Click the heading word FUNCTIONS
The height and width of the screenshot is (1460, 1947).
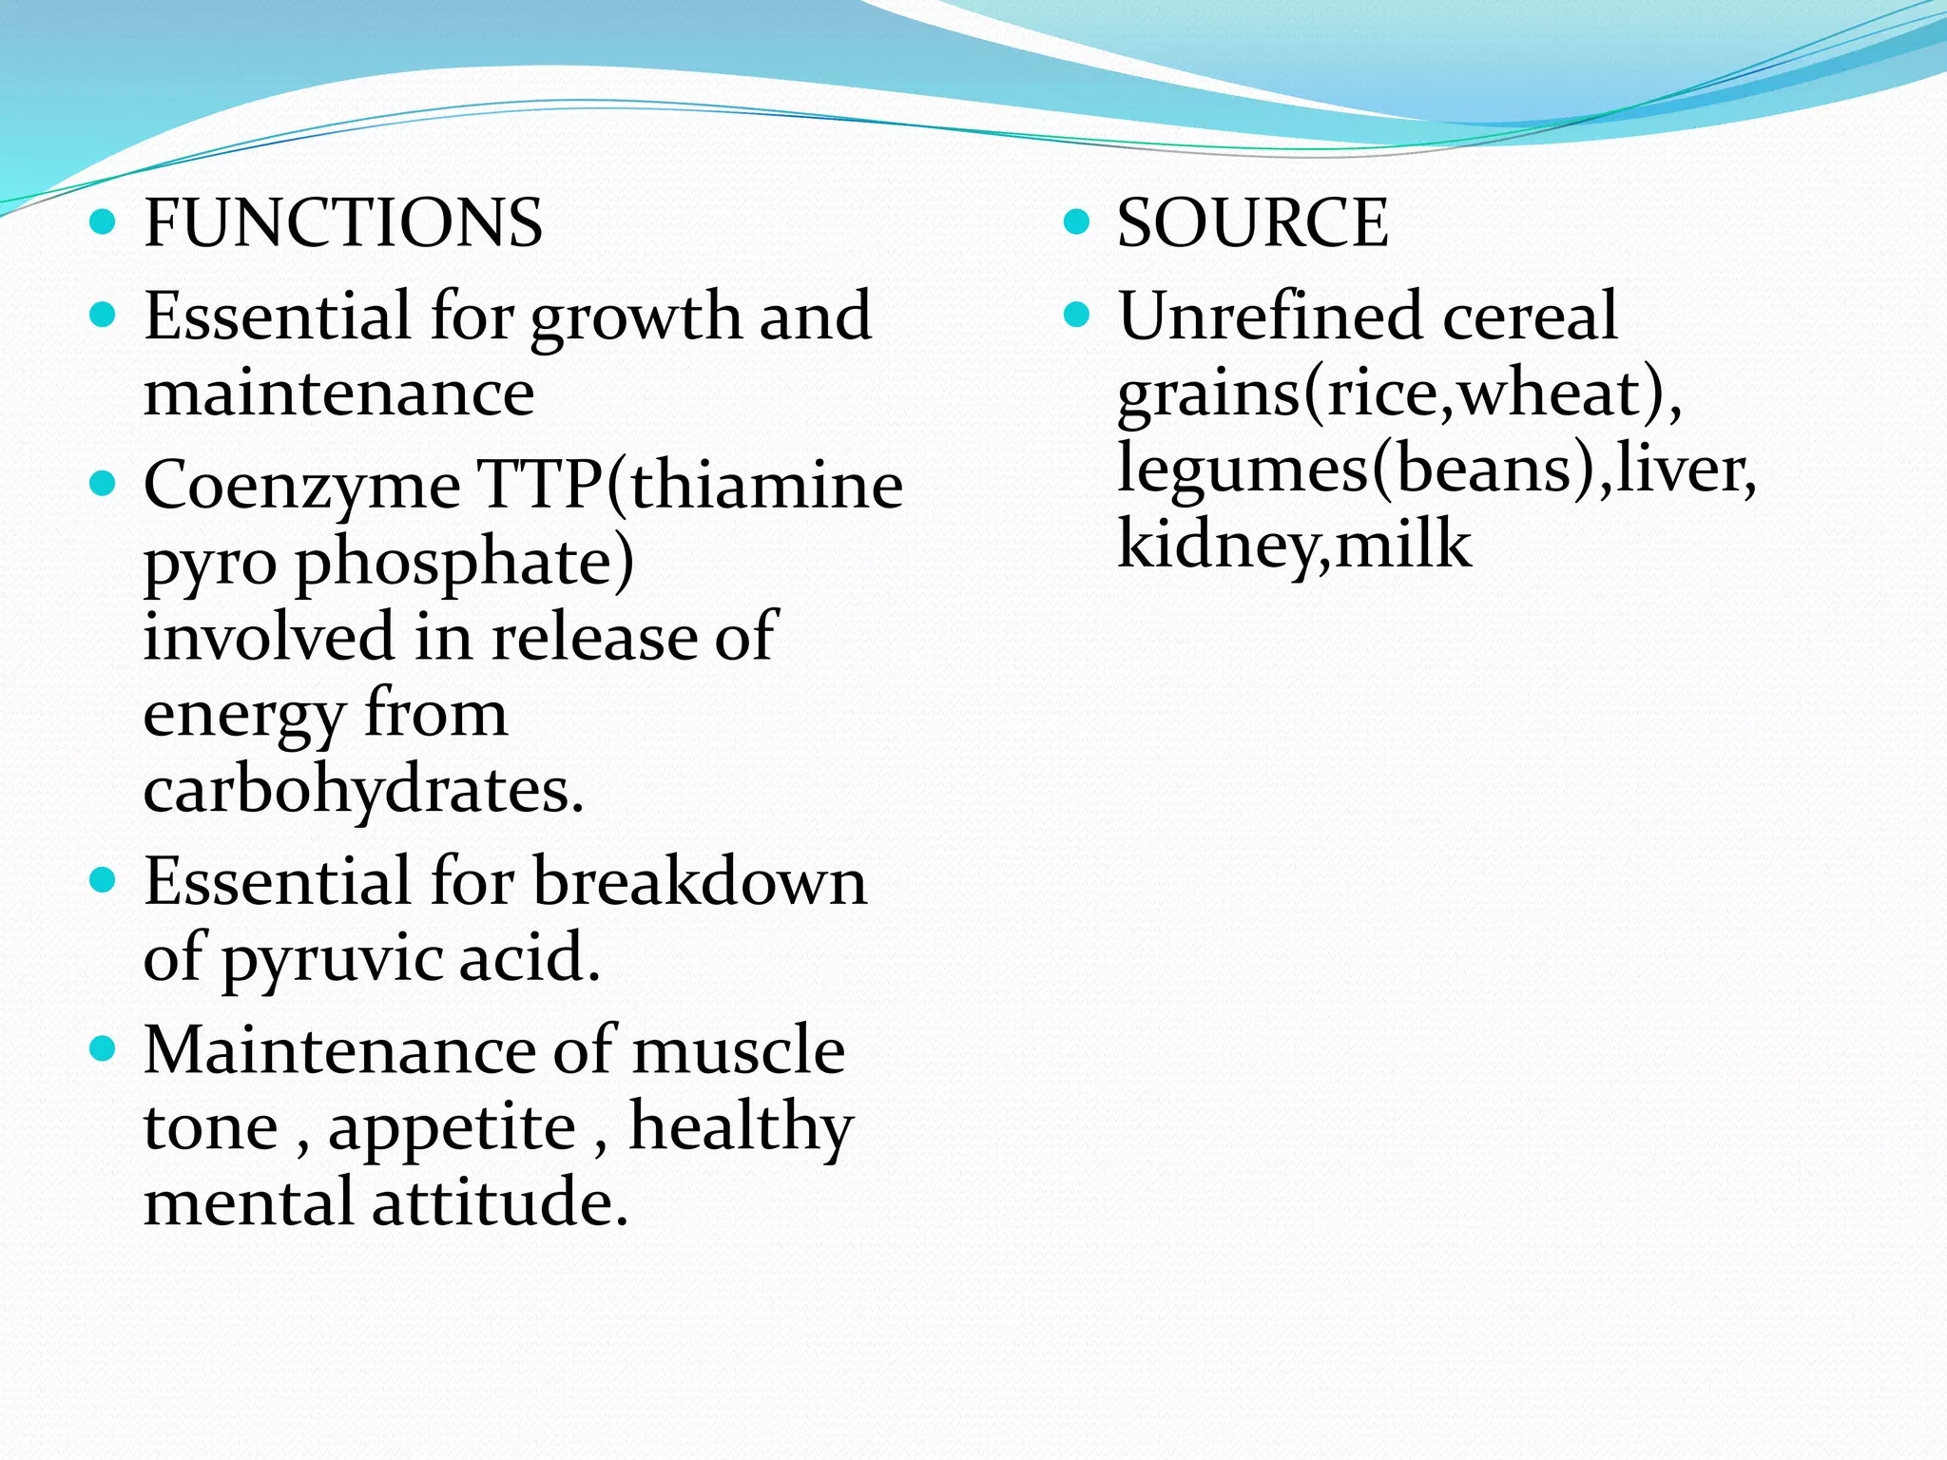tap(343, 223)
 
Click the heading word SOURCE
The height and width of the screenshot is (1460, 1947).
tap(1252, 223)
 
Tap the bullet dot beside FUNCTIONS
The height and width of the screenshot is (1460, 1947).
tap(102, 222)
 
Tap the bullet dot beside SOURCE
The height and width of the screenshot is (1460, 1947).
tap(1075, 222)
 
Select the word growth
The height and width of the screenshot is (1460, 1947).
tap(636, 318)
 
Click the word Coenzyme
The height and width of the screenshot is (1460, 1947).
tap(302, 486)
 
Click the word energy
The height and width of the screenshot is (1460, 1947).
tap(243, 716)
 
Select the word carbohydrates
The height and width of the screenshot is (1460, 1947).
tap(363, 790)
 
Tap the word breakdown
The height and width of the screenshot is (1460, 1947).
tap(700, 881)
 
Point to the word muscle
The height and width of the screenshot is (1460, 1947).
tap(739, 1051)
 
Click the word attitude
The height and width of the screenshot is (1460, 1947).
tap(499, 1203)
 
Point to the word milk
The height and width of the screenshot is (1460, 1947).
tap(1403, 545)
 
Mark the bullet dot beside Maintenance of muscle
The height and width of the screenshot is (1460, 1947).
tap(102, 1049)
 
